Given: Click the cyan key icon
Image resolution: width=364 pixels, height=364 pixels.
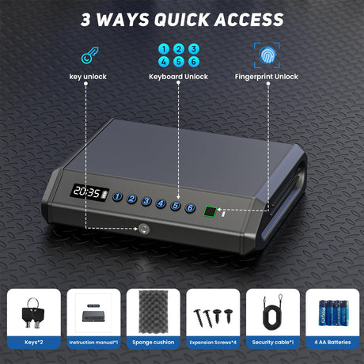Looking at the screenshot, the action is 89,55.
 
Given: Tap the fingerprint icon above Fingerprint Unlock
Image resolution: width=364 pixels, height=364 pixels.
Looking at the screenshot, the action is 267,55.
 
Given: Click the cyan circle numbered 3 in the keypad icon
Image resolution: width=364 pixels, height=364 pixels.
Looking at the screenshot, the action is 194,49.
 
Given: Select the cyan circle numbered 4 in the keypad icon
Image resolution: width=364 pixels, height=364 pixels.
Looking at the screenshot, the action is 164,62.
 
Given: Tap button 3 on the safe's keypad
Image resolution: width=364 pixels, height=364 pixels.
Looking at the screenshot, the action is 146,201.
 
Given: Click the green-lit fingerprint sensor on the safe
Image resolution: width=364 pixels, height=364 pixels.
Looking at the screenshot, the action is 210,211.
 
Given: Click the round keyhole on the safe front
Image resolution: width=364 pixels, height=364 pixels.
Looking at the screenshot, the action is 144,229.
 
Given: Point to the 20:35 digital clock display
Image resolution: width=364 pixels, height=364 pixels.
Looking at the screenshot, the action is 89,192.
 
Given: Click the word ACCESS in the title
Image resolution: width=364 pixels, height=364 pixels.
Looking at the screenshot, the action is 249,20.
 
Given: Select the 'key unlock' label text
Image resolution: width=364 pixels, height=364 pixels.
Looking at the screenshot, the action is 88,77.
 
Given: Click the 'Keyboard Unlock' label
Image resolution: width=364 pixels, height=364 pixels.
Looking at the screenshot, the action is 178,77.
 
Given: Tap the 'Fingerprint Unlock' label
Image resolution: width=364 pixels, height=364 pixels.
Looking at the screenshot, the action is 267,77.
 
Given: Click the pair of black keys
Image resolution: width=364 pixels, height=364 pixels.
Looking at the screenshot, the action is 33,313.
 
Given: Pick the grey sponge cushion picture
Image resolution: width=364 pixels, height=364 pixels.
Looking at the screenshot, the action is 154,312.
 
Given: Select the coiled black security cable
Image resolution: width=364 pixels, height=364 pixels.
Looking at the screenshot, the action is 272,312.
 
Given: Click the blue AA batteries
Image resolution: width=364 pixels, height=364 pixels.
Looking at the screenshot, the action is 333,313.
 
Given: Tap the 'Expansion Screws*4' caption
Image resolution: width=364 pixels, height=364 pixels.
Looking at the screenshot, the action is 213,343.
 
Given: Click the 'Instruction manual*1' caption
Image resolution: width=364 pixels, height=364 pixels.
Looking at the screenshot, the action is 93,343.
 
